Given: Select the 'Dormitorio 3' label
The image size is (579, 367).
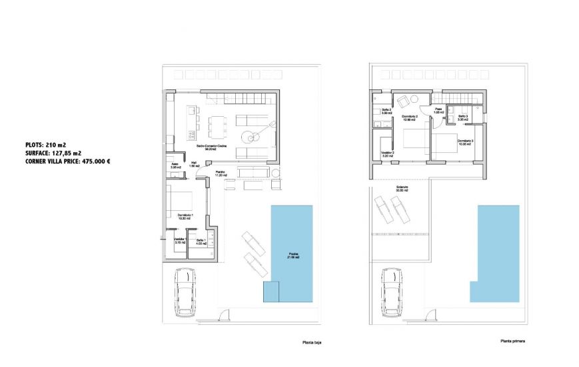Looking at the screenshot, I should (x=464, y=141).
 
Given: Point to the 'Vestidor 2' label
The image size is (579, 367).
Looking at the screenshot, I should (x=387, y=153).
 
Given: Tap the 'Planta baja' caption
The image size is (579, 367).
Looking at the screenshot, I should (x=311, y=343).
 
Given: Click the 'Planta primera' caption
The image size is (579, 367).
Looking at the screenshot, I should (x=513, y=341).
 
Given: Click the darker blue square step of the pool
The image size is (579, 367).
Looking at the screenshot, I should (x=271, y=291).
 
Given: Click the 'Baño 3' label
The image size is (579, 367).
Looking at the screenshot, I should (x=463, y=117).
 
